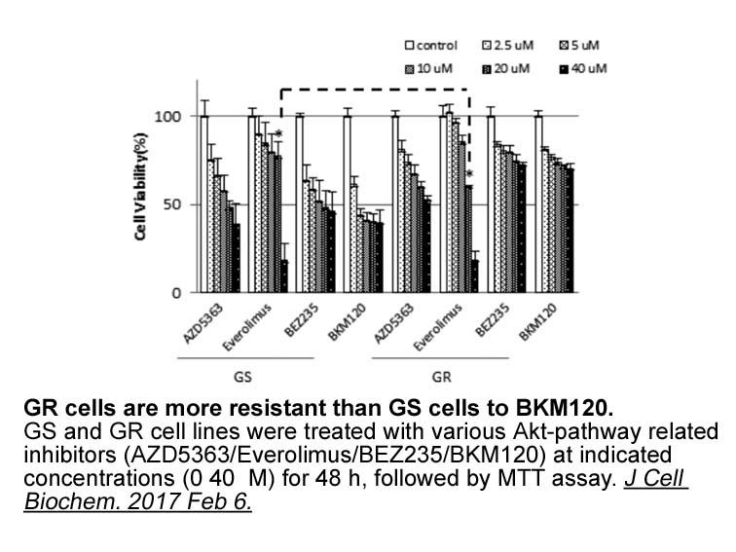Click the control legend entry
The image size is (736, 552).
pyautogui.click(x=431, y=46)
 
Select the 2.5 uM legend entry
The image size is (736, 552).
pyautogui.click(x=508, y=46)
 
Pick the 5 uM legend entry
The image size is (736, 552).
pyautogui.click(x=579, y=46)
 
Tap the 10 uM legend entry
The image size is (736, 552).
pyautogui.click(x=428, y=69)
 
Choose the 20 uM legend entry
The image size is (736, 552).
pyautogui.click(x=506, y=69)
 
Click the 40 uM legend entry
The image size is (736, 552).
pyautogui.click(x=583, y=69)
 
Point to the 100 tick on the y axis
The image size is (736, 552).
pyautogui.click(x=167, y=117)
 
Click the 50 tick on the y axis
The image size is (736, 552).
pyautogui.click(x=172, y=205)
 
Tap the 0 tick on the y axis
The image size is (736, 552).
pyautogui.click(x=176, y=293)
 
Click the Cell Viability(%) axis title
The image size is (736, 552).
pyautogui.click(x=140, y=187)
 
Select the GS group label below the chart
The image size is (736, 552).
pyautogui.click(x=242, y=377)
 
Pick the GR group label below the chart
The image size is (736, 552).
pyautogui.click(x=441, y=377)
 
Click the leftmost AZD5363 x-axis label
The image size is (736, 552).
pyautogui.click(x=202, y=323)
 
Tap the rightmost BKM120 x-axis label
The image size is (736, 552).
pyautogui.click(x=538, y=322)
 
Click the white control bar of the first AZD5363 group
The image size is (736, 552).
pyautogui.click(x=204, y=204)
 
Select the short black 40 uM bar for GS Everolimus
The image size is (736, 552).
pyautogui.click(x=284, y=276)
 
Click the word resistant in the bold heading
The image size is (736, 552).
pyautogui.click(x=248, y=408)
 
